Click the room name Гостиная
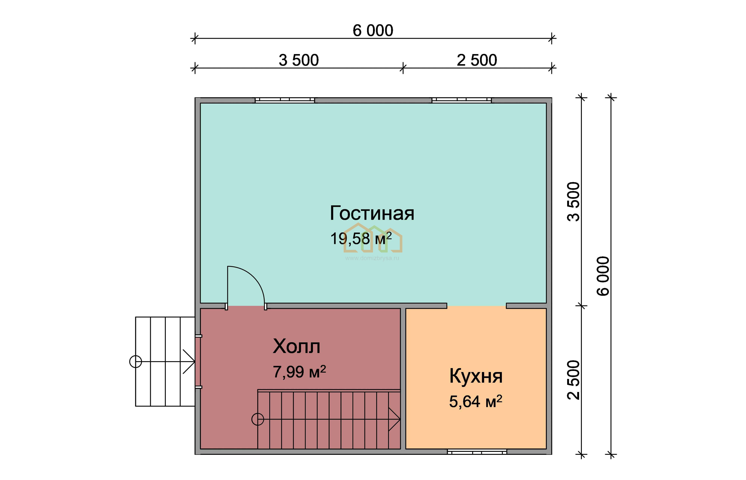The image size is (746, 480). [372, 214]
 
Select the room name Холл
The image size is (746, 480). [297, 346]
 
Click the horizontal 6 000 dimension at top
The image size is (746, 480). [373, 31]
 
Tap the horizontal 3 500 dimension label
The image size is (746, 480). [299, 60]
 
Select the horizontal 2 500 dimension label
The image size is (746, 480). [477, 60]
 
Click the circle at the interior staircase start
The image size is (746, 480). [258, 419]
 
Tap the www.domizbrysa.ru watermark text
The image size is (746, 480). [372, 258]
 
